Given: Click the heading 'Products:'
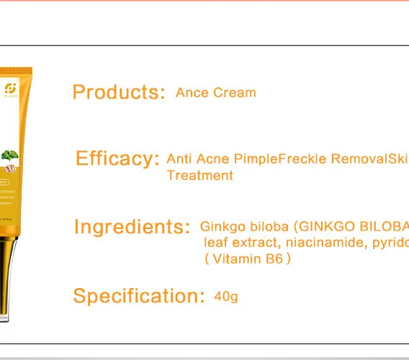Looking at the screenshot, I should click(x=119, y=92).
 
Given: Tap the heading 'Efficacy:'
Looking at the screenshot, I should click(x=117, y=158).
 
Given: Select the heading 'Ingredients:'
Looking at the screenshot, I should click(x=132, y=227).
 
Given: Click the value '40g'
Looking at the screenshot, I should click(x=226, y=296).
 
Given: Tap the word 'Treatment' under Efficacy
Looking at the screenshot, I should click(x=199, y=175).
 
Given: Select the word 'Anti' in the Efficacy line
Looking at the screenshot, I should click(x=180, y=158).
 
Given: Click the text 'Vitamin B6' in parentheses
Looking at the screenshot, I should click(x=248, y=258).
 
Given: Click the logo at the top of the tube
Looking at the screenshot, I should click(x=10, y=88).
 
